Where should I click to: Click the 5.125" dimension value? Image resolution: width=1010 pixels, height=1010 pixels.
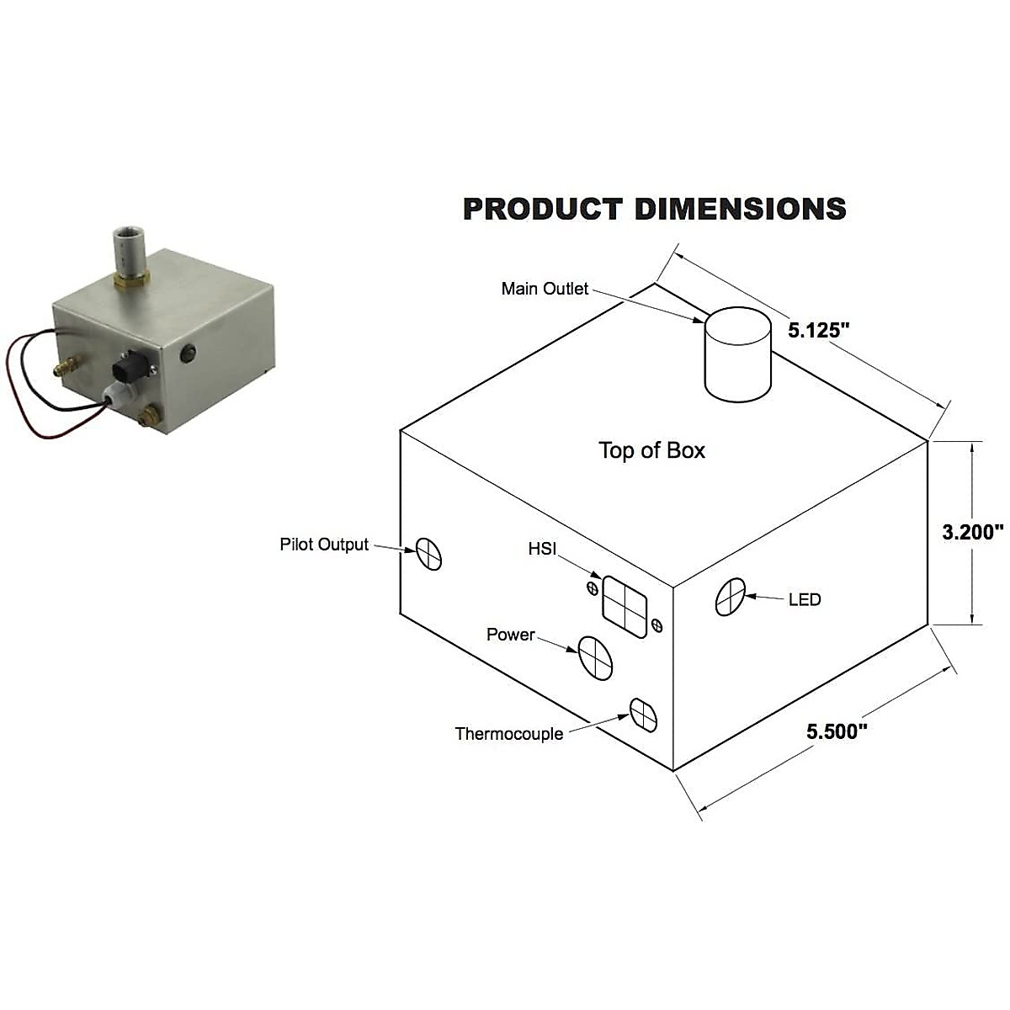815,330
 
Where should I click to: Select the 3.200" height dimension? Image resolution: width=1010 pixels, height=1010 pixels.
972,532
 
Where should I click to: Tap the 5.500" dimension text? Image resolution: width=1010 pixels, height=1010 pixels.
836,731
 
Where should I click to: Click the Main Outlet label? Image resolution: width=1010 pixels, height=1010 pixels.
545,289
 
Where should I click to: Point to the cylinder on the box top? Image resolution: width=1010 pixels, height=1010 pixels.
737,353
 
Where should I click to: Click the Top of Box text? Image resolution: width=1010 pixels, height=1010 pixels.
651,450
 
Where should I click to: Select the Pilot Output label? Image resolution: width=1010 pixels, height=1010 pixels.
324,545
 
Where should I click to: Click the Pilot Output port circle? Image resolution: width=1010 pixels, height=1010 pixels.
428,554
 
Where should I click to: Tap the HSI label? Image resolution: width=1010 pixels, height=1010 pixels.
542,549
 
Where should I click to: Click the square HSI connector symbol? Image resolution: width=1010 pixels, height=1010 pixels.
625,608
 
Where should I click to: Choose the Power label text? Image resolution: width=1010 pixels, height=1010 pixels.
510,635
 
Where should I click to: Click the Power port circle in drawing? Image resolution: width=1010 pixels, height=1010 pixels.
594,656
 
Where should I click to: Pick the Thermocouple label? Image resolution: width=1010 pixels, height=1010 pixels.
509,734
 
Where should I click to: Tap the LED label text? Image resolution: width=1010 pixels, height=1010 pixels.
804,600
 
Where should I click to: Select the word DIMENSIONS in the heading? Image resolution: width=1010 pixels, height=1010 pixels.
740,209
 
